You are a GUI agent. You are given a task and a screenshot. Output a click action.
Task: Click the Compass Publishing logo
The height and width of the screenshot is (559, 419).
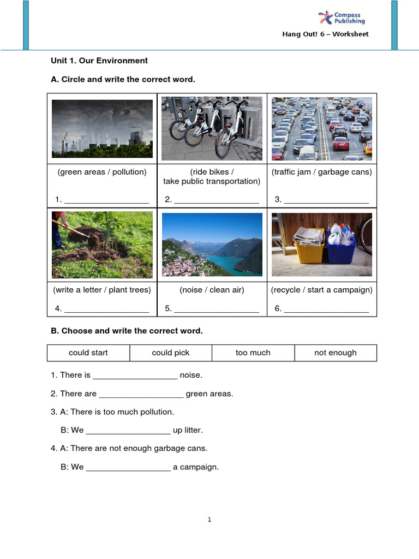click(x=342, y=17)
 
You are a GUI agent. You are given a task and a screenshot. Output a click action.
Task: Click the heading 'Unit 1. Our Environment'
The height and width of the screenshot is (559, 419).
click(x=99, y=61)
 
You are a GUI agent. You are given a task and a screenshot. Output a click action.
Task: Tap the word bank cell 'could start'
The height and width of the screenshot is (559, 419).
click(x=88, y=353)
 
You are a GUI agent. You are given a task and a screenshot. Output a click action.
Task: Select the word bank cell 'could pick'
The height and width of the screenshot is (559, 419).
click(x=171, y=353)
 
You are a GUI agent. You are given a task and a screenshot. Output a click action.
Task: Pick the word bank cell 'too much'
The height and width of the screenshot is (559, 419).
click(x=253, y=353)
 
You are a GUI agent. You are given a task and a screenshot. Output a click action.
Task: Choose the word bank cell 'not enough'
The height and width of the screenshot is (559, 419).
click(x=336, y=353)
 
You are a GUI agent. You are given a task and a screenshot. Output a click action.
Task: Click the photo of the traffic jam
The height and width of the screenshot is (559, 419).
click(x=322, y=129)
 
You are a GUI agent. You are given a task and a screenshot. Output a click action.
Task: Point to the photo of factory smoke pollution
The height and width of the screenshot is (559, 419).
click(x=102, y=129)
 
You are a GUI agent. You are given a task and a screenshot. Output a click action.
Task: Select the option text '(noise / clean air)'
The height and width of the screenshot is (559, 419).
click(x=212, y=290)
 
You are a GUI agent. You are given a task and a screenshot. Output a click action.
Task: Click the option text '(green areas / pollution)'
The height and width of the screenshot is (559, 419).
click(x=102, y=172)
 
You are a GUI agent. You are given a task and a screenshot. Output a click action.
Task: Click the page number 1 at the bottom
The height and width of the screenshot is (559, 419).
click(x=209, y=520)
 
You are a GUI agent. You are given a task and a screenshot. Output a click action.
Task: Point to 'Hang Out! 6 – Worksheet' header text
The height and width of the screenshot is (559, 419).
click(x=325, y=34)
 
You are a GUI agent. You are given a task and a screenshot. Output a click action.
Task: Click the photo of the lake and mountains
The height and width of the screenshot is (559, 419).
click(x=212, y=245)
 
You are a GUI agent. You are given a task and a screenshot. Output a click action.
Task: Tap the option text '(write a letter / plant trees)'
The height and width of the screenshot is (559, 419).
click(x=102, y=290)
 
